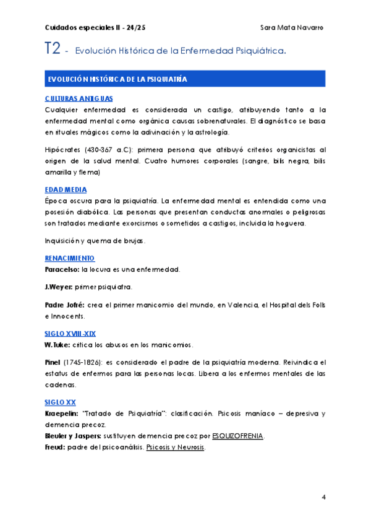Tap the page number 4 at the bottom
(323, 497)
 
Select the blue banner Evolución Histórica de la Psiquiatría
(117, 80)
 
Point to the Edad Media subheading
(66, 189)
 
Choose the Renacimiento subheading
(70, 258)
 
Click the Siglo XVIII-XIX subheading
(70, 333)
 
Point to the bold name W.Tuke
(58, 344)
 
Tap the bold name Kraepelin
(61, 413)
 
